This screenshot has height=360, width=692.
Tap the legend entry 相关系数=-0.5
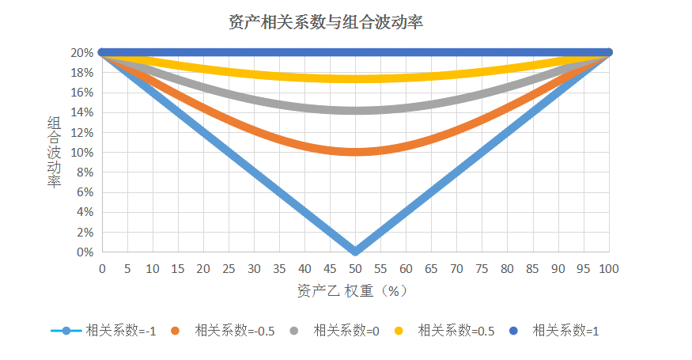[x=234, y=331]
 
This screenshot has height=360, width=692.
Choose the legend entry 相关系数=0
[x=346, y=331]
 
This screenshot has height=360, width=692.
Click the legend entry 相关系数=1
[x=565, y=331]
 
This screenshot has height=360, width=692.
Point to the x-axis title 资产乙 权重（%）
[x=353, y=290]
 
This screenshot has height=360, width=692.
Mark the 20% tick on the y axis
[x=81, y=53]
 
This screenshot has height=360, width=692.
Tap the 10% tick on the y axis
[x=81, y=153]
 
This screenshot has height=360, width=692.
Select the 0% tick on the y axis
[x=84, y=252]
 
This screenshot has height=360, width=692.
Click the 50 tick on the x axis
[x=355, y=269]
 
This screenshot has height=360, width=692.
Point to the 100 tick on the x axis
[x=608, y=269]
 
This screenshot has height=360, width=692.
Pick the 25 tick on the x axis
[x=229, y=269]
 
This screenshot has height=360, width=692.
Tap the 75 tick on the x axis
[x=482, y=269]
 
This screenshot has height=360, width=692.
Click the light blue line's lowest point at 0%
[x=355, y=251]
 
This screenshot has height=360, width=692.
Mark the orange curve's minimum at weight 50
[x=355, y=151]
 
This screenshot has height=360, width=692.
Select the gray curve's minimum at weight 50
[x=355, y=111]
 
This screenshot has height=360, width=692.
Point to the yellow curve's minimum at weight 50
[x=355, y=78]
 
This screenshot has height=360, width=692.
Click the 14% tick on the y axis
[x=81, y=112]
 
